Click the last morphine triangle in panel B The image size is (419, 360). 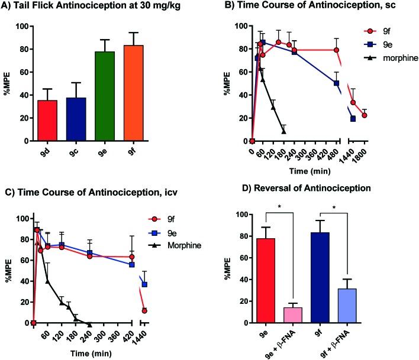(x=301, y=131)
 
